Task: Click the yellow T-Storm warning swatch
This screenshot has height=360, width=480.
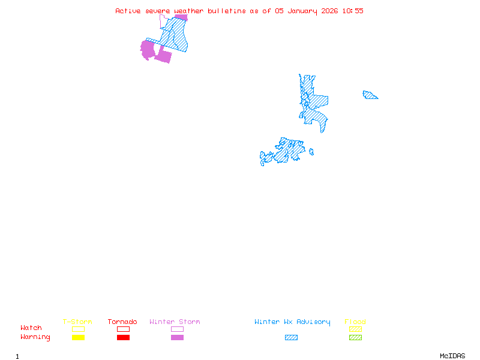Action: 78,338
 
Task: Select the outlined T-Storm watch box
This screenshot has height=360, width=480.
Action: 78,329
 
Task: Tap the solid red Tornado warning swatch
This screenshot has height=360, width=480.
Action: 123,338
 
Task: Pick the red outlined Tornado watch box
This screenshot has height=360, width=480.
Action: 123,329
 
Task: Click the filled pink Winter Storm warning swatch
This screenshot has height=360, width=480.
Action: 177,338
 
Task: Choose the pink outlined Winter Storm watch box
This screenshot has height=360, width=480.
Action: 177,329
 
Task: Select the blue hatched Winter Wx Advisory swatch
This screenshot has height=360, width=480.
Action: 291,338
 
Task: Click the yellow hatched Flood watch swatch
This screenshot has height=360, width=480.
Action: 355,329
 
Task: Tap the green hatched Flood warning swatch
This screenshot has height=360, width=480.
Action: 355,338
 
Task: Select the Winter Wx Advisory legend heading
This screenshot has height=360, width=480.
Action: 292,322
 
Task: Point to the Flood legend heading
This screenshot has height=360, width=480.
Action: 355,322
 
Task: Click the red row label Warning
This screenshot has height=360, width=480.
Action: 35,337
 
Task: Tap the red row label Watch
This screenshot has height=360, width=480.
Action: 31,328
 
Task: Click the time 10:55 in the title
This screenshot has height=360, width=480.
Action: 353,11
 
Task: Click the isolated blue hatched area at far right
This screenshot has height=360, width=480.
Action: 370,95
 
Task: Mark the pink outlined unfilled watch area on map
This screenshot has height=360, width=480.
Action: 163,22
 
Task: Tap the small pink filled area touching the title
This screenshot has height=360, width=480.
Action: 182,17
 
